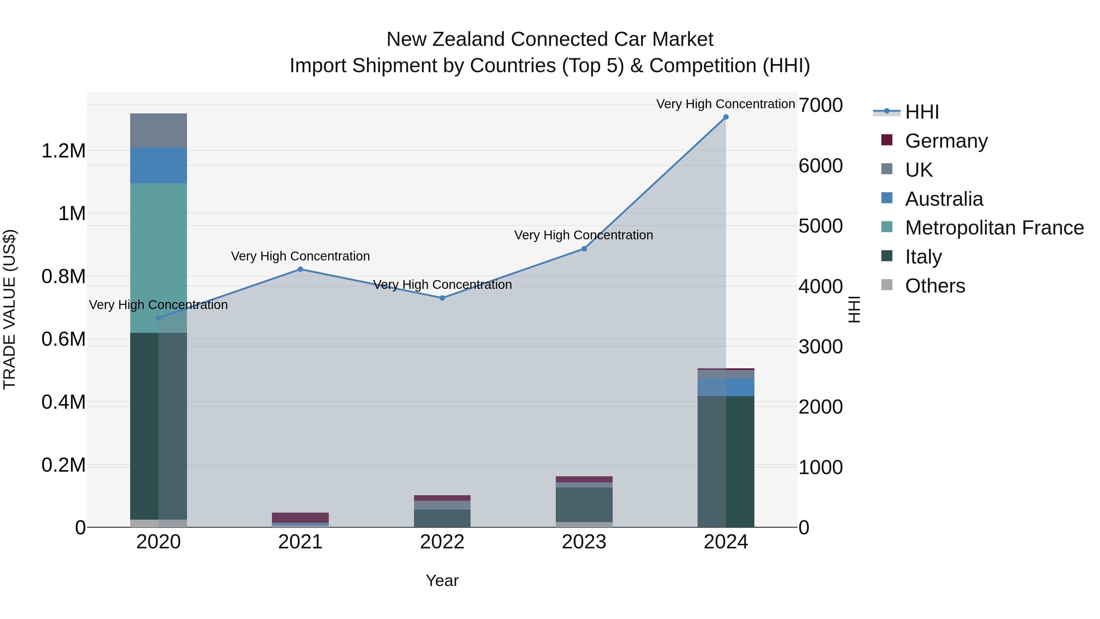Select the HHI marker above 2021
(x=300, y=269)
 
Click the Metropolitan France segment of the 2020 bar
(x=158, y=258)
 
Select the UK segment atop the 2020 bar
(x=158, y=130)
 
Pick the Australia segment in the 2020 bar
(x=158, y=165)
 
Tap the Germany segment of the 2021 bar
(x=300, y=517)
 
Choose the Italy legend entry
(x=923, y=257)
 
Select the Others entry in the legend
(x=935, y=286)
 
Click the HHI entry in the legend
(x=922, y=112)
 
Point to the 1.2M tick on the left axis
(x=63, y=151)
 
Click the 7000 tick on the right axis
(x=820, y=105)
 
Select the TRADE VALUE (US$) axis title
(x=9, y=309)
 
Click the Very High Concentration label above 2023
(x=583, y=235)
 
